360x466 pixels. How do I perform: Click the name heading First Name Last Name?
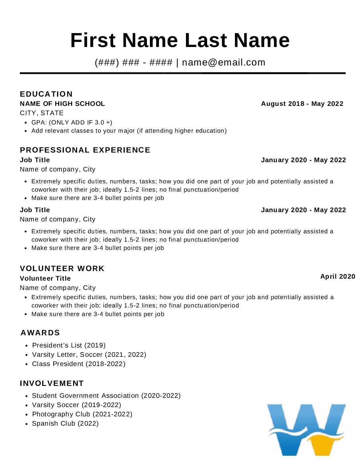180,40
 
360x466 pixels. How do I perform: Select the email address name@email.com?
224,62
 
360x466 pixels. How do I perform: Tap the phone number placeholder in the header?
134,62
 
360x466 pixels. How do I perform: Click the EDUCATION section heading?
46,94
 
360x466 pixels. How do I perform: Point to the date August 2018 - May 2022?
302,104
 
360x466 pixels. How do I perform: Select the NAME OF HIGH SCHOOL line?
62,104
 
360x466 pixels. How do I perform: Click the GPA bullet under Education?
72,122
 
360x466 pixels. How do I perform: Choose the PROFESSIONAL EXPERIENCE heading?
85,150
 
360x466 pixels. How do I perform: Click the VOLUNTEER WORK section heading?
62,268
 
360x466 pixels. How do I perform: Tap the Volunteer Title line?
45,278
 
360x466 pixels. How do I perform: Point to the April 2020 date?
337,276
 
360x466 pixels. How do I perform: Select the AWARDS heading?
40,333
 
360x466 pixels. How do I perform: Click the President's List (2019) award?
69,345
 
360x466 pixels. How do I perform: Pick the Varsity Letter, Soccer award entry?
89,354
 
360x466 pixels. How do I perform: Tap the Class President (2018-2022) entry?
79,364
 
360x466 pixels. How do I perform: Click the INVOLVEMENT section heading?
52,383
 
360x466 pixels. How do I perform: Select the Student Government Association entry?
106,396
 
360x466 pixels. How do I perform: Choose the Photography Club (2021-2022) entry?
82,414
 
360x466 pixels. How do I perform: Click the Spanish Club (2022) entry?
65,423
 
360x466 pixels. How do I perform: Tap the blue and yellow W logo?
306,430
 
